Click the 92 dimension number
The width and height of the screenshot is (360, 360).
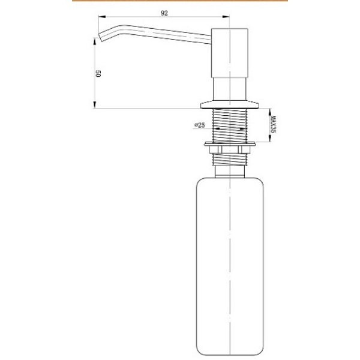[x=164, y=13]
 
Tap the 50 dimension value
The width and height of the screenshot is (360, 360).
[x=98, y=74]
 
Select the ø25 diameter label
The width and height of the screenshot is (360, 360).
[x=200, y=125]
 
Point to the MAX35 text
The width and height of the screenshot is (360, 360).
[x=273, y=124]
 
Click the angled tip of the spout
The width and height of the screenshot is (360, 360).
[x=101, y=37]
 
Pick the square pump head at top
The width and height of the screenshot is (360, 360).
[x=229, y=53]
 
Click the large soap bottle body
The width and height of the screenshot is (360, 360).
[x=230, y=266]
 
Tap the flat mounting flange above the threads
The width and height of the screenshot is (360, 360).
[x=230, y=104]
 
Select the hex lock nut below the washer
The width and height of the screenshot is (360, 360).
[x=230, y=149]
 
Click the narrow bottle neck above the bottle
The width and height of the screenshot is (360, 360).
[x=230, y=172]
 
